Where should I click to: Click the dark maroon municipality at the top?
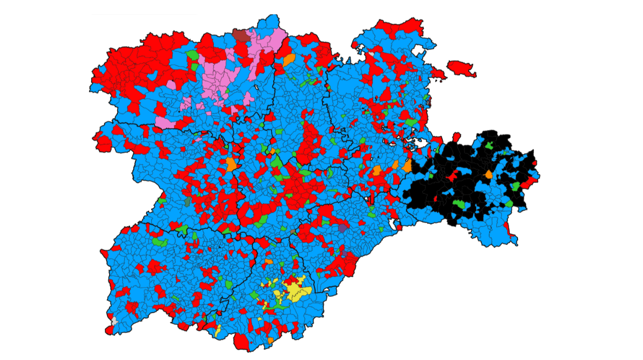click(240, 35)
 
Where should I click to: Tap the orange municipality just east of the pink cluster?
click(289, 60)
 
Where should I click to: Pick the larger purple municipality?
click(343, 227)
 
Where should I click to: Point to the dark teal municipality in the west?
click(188, 202)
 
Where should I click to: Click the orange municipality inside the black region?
click(487, 174)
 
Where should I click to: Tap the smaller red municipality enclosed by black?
click(436, 198)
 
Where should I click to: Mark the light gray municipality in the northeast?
click(371, 53)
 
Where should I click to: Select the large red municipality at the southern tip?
click(241, 341)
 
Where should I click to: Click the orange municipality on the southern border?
click(271, 340)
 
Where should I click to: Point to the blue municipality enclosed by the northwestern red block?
click(153, 76)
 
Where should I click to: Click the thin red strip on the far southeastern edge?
click(513, 238)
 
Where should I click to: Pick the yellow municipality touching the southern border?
click(218, 330)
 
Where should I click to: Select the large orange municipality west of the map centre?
click(231, 164)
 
